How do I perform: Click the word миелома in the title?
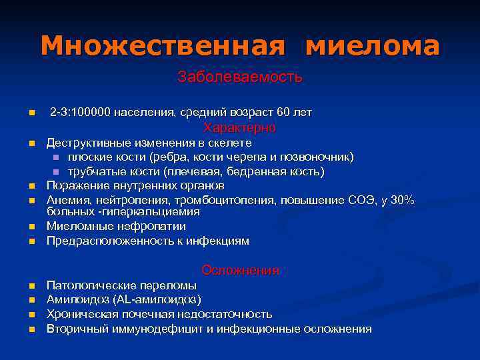pos(373,45)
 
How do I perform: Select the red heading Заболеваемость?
pos(240,77)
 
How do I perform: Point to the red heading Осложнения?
pos(240,270)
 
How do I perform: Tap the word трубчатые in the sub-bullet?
pos(95,171)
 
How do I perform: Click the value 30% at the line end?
pos(402,199)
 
